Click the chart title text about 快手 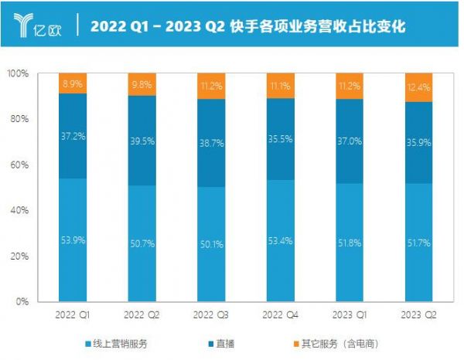248,26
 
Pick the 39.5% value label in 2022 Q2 142,138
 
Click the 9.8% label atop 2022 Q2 142,84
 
